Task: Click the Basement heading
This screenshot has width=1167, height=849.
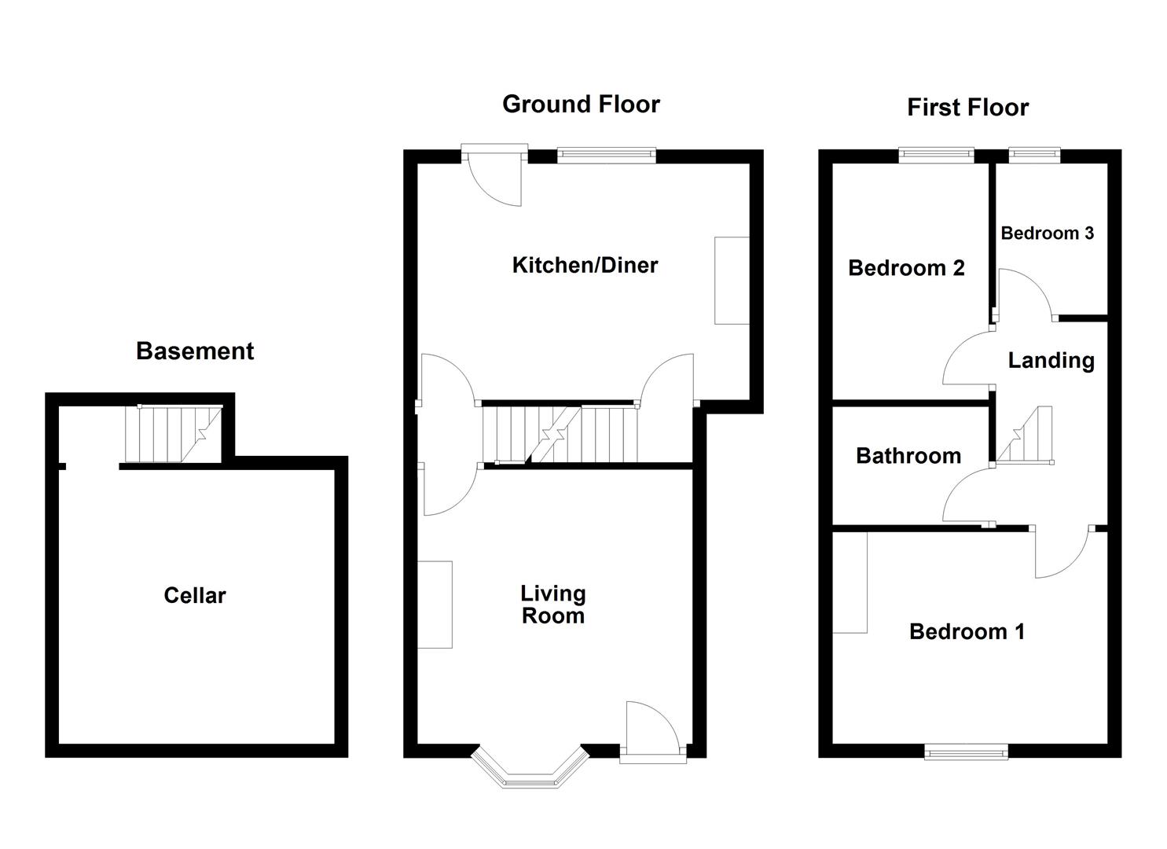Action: [x=195, y=351]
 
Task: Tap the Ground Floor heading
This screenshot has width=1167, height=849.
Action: [x=581, y=104]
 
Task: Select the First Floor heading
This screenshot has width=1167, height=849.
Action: [x=967, y=107]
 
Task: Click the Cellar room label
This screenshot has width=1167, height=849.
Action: [x=194, y=595]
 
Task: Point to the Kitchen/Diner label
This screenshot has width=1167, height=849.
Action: [x=585, y=265]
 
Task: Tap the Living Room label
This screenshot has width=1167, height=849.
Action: [x=553, y=605]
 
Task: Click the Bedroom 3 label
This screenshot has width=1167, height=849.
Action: [x=1047, y=233]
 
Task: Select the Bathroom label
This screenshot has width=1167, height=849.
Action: [x=908, y=456]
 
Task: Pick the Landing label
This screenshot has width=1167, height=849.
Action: [x=1051, y=360]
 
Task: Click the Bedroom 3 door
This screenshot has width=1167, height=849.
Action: [x=1026, y=296]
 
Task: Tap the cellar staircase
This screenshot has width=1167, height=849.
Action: [x=173, y=434]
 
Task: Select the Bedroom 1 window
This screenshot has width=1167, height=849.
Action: [x=966, y=753]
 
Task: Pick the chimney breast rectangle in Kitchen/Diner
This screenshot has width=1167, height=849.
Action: [x=731, y=281]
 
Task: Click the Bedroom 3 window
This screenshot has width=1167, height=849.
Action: [x=1033, y=156]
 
